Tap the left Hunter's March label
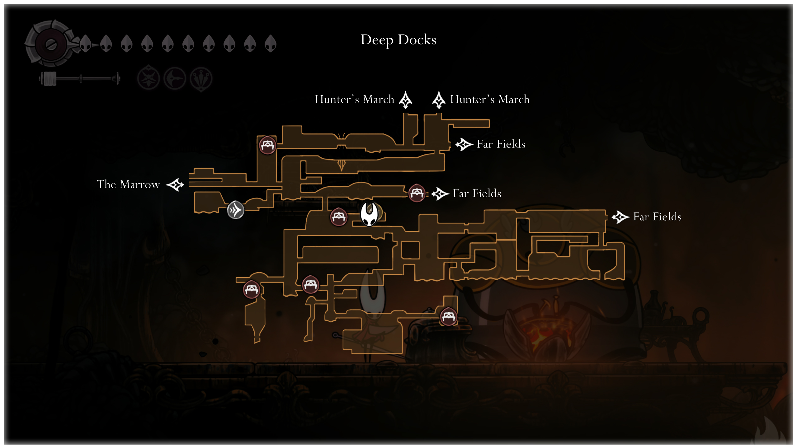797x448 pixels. (354, 100)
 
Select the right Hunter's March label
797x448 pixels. (490, 100)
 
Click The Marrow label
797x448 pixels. (128, 184)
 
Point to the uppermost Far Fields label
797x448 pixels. (501, 144)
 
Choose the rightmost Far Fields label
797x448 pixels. (657, 217)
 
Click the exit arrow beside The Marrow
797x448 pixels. (175, 185)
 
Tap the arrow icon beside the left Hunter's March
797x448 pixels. (405, 100)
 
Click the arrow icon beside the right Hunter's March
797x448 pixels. (439, 100)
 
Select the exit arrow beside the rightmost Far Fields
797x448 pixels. (620, 217)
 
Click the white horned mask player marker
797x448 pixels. (369, 214)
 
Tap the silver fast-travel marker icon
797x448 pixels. (235, 210)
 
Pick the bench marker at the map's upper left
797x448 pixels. (267, 145)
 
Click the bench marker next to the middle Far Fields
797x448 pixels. (417, 193)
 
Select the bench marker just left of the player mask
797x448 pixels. (338, 217)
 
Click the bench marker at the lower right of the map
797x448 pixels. (448, 317)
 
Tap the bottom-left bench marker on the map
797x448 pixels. (252, 289)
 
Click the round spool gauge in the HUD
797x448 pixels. (51, 44)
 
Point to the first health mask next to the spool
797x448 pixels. (85, 44)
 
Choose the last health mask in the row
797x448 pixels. (270, 44)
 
